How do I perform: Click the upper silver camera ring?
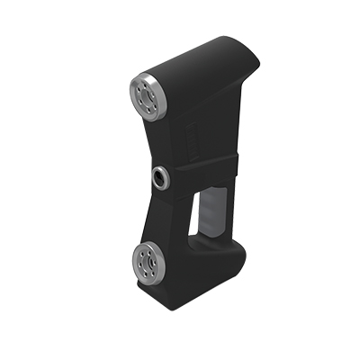pyautogui.click(x=136, y=89)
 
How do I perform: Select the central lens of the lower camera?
pyautogui.click(x=147, y=261)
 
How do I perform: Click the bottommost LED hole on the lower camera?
pyautogui.click(x=148, y=274)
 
